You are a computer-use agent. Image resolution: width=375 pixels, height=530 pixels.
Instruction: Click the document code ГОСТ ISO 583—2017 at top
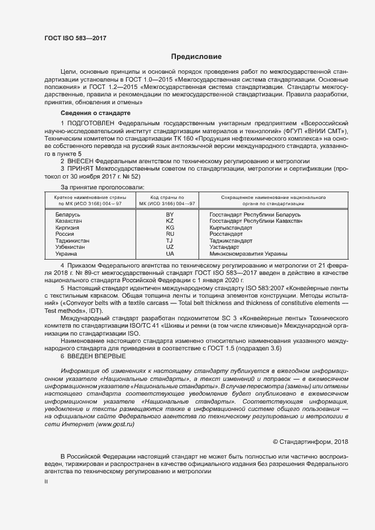pos(75,39)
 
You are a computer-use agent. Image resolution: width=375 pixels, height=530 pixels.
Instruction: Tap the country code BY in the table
pos(170,215)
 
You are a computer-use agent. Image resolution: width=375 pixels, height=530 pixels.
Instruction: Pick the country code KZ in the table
pos(170,222)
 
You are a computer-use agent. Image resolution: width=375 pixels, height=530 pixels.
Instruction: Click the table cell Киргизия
pos(68,228)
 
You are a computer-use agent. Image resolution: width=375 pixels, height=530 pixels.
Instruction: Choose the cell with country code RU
pos(170,234)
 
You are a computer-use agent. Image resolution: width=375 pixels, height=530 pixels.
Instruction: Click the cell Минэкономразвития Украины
pos(241,253)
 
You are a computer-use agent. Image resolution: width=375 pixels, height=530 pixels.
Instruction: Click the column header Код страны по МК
pos(170,200)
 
